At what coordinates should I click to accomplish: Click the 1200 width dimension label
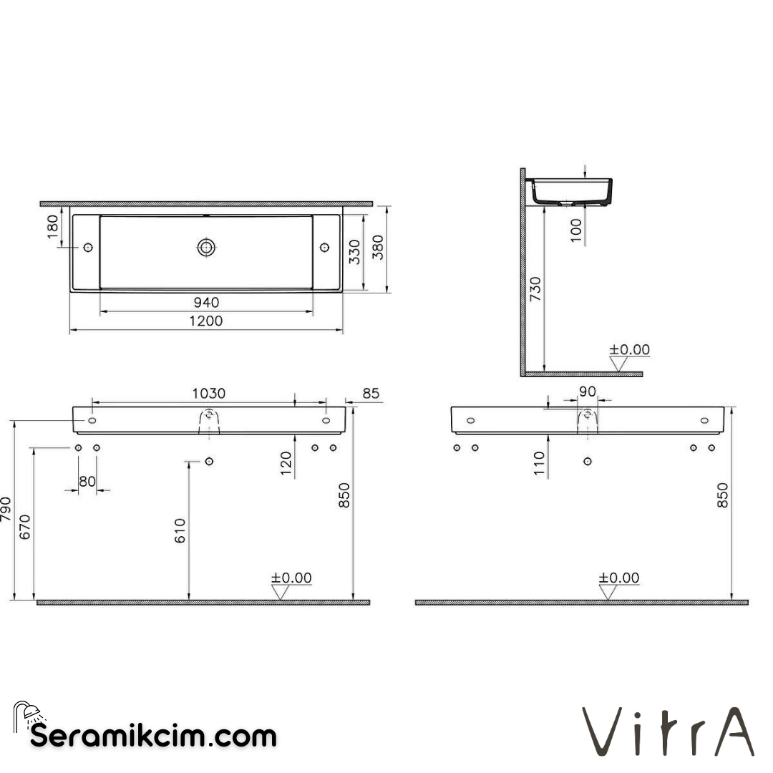[206, 321]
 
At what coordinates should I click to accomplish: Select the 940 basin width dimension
[206, 303]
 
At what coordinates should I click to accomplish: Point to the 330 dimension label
[354, 252]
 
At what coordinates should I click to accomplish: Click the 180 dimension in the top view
[54, 227]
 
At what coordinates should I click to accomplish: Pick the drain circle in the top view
[206, 247]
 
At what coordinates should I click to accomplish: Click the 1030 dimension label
[208, 393]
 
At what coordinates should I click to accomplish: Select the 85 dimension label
[371, 393]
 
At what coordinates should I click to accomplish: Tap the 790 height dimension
[7, 510]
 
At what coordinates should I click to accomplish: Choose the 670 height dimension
[26, 528]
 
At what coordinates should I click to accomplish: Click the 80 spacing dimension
[87, 482]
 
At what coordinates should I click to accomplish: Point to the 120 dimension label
[286, 464]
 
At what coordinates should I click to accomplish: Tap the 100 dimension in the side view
[576, 230]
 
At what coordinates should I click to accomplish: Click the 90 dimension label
[587, 391]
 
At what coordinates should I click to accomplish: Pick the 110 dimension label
[540, 464]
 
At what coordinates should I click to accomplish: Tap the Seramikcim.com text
[153, 735]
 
